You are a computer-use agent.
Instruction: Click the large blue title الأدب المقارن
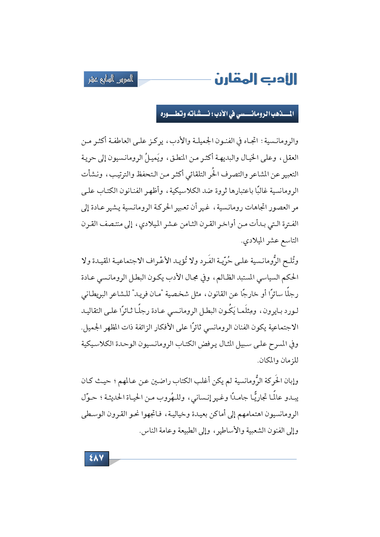click(x=256, y=79)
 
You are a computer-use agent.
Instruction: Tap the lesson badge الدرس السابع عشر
click(x=111, y=80)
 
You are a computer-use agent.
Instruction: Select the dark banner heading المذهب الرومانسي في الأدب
click(x=227, y=114)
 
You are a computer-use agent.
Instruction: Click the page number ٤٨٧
click(x=97, y=458)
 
